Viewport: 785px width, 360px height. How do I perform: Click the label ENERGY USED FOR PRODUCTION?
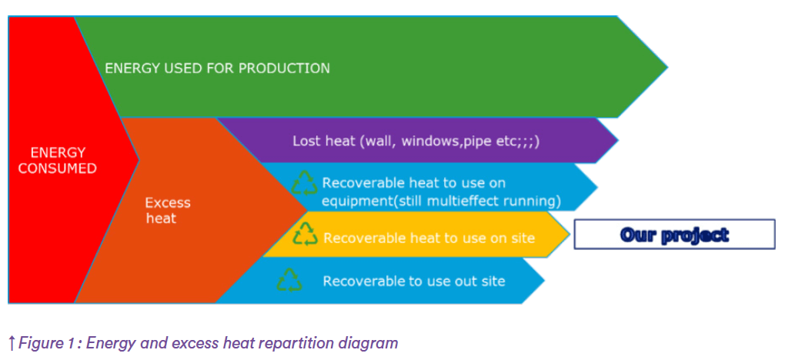(x=217, y=68)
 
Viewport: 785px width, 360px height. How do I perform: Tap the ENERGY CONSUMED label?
(x=58, y=160)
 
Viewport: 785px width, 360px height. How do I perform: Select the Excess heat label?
(x=168, y=211)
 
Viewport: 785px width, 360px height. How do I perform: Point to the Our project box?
(x=674, y=235)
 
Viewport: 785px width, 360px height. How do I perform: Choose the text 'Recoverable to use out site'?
(x=414, y=281)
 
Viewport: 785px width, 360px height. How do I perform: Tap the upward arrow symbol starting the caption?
(x=12, y=343)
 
